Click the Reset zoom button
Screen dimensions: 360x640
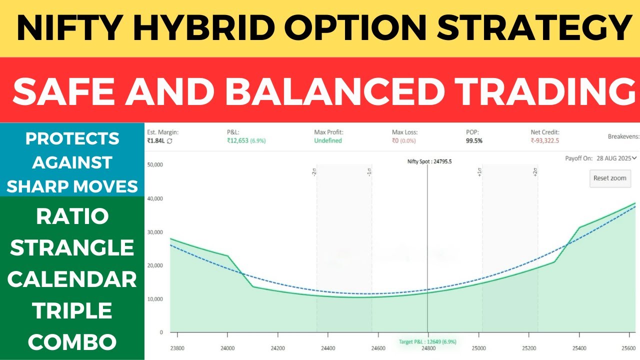pyautogui.click(x=609, y=178)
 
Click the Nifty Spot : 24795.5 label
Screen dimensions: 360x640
pyautogui.click(x=429, y=161)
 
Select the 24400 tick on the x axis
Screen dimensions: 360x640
pyautogui.click(x=327, y=348)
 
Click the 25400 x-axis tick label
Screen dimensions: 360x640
pyautogui.click(x=579, y=348)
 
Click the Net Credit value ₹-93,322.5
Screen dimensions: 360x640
pyautogui.click(x=544, y=141)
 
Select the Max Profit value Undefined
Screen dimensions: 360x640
pyautogui.click(x=328, y=141)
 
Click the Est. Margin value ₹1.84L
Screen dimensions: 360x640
pyautogui.click(x=156, y=141)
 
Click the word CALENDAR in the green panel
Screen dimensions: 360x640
pyautogui.click(x=72, y=279)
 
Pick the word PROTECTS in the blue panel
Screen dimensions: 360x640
pyautogui.click(x=72, y=138)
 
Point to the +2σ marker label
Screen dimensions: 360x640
pyautogui.click(x=535, y=172)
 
